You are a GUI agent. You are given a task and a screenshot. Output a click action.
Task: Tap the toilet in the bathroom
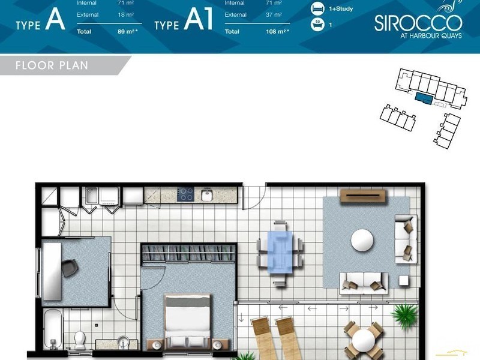[x=80, y=340]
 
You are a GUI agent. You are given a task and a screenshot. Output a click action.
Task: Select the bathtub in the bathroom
[x=53, y=329]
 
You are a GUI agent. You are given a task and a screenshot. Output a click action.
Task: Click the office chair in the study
[x=70, y=268]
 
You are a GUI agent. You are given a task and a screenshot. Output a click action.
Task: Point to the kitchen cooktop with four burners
[x=185, y=194]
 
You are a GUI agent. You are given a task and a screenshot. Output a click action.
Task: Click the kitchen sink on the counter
[x=207, y=195]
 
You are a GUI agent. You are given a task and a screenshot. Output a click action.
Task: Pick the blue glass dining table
[x=280, y=252]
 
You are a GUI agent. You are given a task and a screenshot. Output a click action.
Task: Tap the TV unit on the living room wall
[x=364, y=196]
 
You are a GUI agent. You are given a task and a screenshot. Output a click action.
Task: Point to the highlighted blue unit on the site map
[x=424, y=98]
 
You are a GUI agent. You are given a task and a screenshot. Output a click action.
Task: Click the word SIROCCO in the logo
[x=418, y=23]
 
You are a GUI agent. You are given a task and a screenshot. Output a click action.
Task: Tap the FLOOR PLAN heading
[x=52, y=65]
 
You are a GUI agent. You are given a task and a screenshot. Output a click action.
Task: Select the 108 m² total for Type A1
[x=277, y=31]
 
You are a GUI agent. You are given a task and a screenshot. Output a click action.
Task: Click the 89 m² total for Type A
[x=128, y=31]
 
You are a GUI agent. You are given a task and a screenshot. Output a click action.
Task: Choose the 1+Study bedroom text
[x=341, y=8]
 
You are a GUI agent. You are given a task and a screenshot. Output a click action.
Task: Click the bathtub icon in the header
[x=317, y=24]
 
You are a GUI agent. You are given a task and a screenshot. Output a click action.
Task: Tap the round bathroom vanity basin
[x=123, y=341]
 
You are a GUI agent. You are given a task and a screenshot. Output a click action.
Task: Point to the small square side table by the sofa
[x=403, y=281]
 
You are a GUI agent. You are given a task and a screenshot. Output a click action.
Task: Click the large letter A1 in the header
[x=198, y=19]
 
